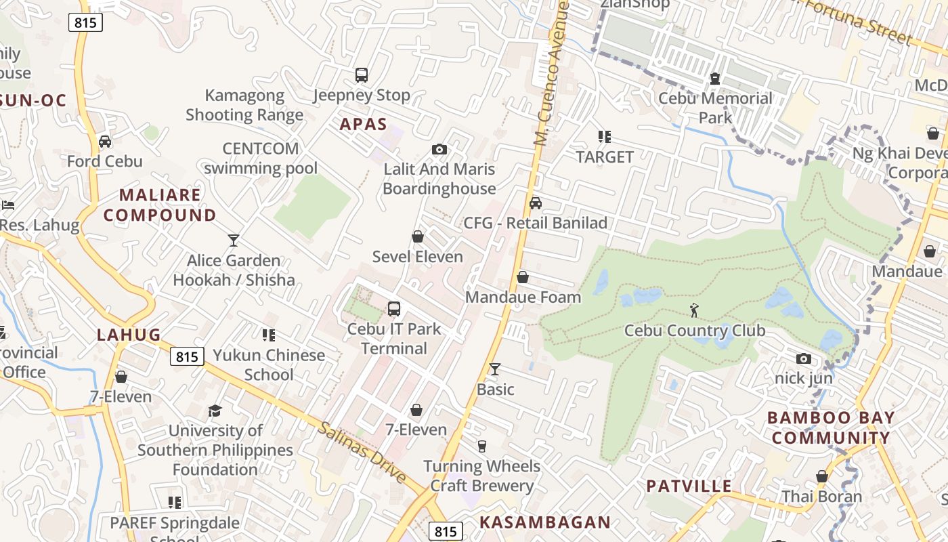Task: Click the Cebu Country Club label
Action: (694, 331)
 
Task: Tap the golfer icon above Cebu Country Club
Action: (694, 310)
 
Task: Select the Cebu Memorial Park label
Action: (715, 108)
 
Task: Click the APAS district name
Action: (363, 124)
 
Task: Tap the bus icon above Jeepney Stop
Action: (362, 75)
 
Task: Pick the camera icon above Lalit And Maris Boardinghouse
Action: (439, 149)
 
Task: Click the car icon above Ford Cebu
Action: (105, 142)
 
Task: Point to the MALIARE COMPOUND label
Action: (160, 205)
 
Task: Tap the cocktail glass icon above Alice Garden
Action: (234, 241)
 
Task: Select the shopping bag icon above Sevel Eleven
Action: (418, 236)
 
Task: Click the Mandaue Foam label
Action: (523, 297)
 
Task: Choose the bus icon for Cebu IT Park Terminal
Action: (393, 309)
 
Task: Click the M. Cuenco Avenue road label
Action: (549, 75)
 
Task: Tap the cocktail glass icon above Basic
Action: (495, 369)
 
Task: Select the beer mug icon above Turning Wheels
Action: (482, 446)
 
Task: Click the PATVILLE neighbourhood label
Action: (689, 486)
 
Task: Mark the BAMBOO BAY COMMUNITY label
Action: (831, 428)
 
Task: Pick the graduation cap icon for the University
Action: (215, 411)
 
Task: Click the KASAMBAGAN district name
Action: (545, 522)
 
